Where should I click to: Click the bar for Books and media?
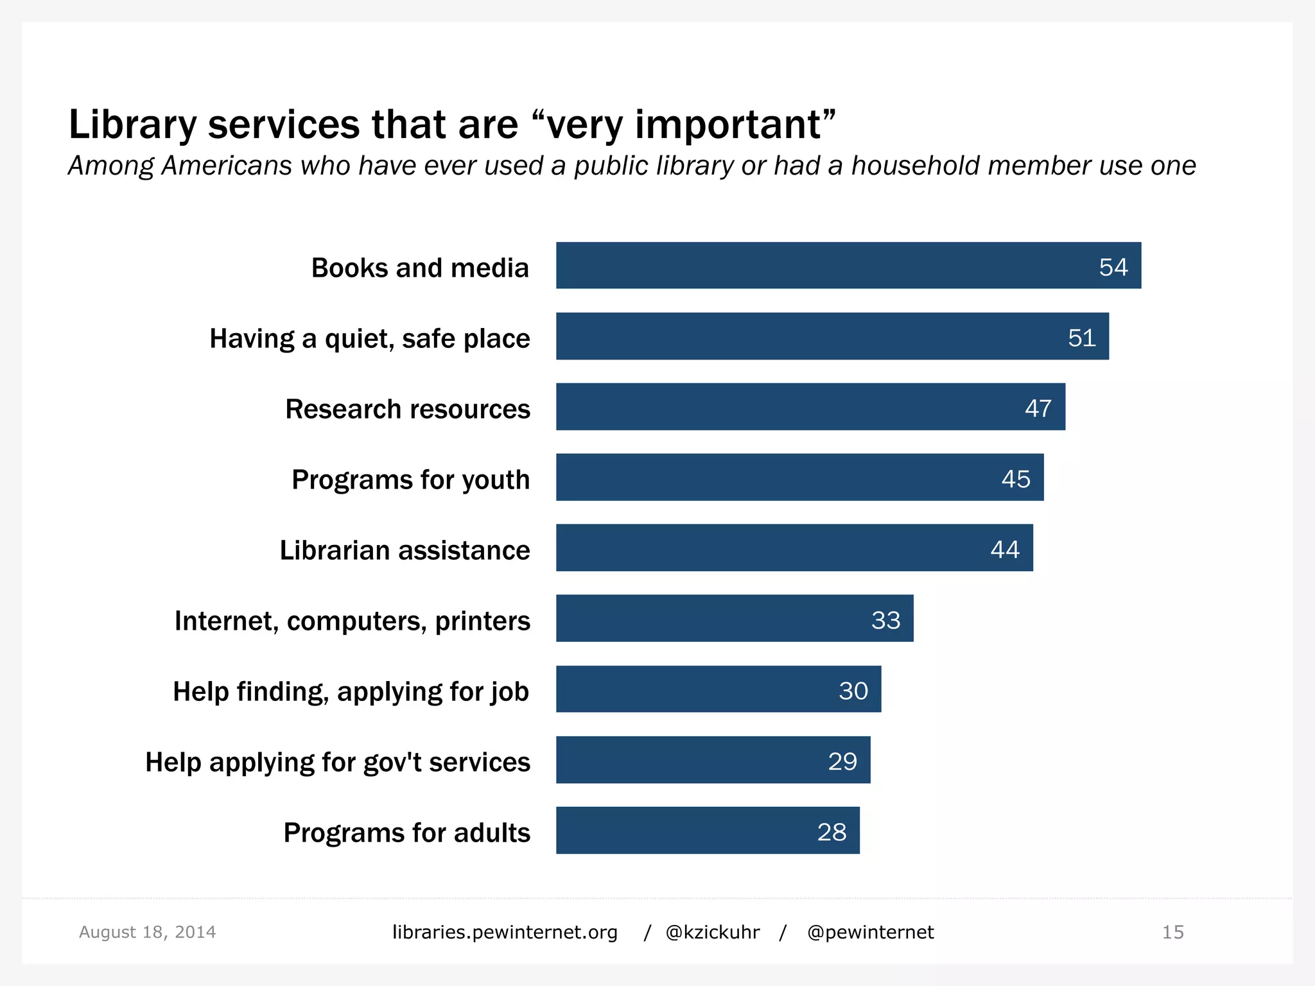point(848,265)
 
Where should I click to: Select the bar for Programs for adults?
point(706,830)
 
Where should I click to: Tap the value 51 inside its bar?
point(1081,338)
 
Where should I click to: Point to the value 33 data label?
point(885,620)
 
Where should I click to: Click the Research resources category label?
point(408,409)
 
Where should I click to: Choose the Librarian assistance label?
point(405,550)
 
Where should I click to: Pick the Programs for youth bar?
point(799,477)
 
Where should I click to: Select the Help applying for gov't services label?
point(338,762)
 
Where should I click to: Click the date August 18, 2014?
point(147,932)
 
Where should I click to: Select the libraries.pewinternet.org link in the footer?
point(505,932)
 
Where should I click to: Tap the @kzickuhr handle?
point(713,932)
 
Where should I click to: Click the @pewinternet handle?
point(870,932)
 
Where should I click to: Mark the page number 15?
point(1172,932)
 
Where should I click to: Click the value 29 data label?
point(842,761)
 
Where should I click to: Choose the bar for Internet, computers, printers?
point(734,618)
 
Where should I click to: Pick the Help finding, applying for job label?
point(351,691)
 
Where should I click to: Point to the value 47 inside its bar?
point(1038,408)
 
